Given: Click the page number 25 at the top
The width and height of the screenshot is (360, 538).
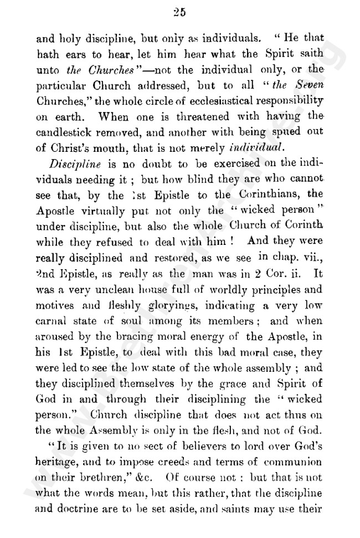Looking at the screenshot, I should [179, 13].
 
